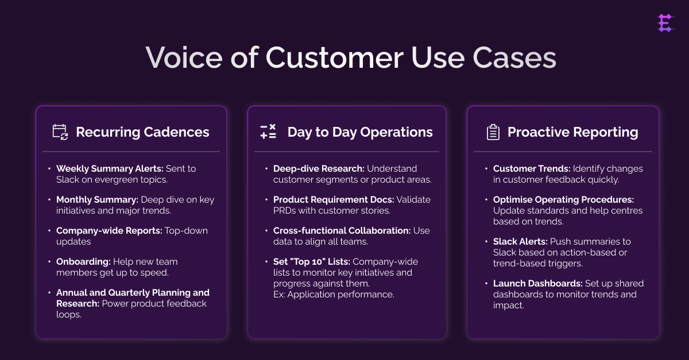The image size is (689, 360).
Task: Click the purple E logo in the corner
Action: click(x=665, y=23)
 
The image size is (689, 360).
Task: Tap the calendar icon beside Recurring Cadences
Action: click(x=60, y=132)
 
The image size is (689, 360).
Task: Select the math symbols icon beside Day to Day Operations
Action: click(x=268, y=132)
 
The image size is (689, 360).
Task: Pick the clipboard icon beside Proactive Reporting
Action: click(x=493, y=132)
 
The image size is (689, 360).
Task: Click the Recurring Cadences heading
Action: click(x=142, y=132)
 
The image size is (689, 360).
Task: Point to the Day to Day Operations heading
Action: click(x=360, y=132)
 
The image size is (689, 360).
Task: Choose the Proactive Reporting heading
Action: click(x=572, y=132)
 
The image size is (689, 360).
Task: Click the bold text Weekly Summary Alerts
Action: click(x=110, y=169)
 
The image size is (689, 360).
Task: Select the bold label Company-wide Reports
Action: click(x=108, y=231)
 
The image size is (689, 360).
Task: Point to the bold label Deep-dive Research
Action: click(x=319, y=169)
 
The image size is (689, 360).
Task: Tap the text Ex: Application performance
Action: click(x=334, y=295)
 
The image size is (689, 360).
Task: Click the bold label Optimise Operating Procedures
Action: click(x=563, y=200)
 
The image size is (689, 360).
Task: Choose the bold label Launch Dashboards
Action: click(x=537, y=284)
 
